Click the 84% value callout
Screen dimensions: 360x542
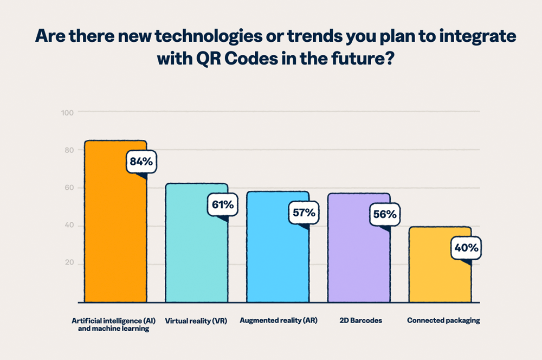[x=141, y=161]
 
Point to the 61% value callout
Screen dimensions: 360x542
[x=222, y=204]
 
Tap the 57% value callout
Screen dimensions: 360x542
[x=304, y=213]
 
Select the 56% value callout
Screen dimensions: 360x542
[x=385, y=214]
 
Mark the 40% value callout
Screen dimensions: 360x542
[x=466, y=248]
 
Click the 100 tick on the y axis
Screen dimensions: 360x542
[x=68, y=112]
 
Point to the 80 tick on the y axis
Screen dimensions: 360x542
[x=69, y=150]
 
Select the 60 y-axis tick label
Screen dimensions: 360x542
[x=69, y=188]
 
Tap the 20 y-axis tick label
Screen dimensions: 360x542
[x=69, y=264]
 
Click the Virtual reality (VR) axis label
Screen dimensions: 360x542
[x=196, y=320]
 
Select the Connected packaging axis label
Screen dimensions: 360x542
[x=443, y=320]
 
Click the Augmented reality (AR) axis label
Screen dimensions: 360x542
[x=278, y=320]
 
